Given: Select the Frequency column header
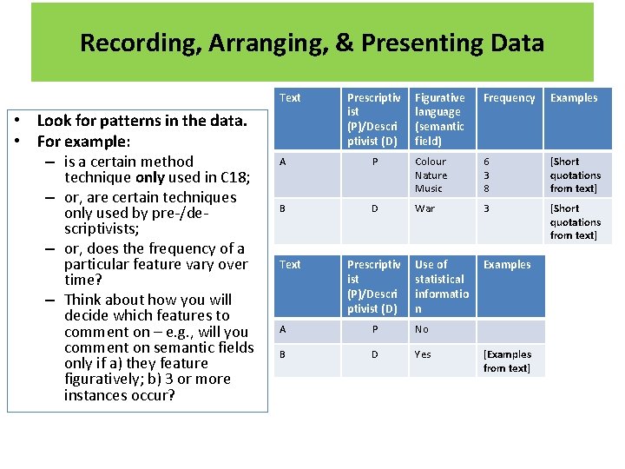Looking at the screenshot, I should (x=509, y=98).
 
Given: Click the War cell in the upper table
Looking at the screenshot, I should (x=425, y=208).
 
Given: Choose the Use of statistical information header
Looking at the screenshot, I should (x=442, y=286).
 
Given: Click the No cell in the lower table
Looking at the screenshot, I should (x=422, y=329).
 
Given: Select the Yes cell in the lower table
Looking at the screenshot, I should (x=423, y=354).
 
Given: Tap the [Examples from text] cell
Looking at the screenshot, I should (x=508, y=361).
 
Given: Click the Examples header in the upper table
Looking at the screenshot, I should (x=574, y=98).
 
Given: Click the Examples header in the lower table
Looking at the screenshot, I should (x=508, y=265).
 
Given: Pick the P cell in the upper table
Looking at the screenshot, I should (x=375, y=162).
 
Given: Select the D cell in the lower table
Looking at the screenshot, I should (x=375, y=354).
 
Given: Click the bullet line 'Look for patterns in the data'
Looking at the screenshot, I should (x=142, y=121).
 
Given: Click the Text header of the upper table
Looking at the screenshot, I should (x=290, y=98).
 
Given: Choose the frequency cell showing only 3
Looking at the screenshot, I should (x=487, y=208).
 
